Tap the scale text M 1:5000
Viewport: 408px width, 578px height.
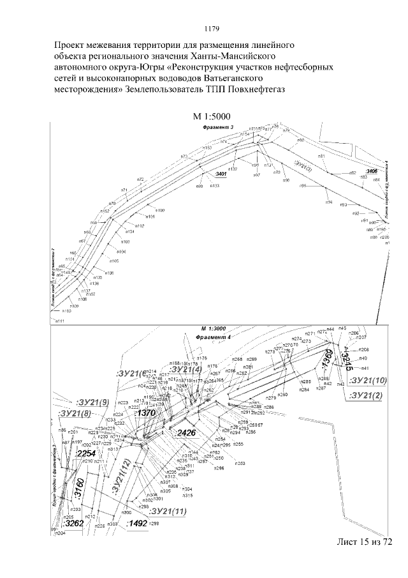(211, 116)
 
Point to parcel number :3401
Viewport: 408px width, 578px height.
(220, 174)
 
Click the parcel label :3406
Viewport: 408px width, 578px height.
(372, 171)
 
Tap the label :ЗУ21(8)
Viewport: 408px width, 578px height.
(76, 414)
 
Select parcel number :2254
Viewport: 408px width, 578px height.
(85, 453)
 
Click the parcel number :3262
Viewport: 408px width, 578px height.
(74, 523)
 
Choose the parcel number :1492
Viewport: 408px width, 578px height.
(137, 523)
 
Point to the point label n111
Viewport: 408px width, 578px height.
(61, 321)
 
